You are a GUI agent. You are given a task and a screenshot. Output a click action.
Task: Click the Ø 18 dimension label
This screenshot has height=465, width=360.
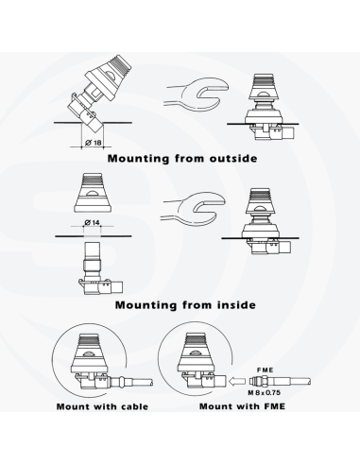click(x=94, y=143)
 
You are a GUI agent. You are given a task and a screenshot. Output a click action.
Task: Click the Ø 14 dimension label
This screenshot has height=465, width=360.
click(x=92, y=222)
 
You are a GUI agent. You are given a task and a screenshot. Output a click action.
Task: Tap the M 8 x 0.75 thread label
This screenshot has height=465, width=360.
click(x=264, y=392)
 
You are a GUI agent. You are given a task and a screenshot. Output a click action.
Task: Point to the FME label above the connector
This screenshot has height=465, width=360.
click(x=266, y=370)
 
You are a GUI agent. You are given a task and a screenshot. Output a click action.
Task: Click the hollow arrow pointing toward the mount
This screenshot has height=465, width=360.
click(x=237, y=382)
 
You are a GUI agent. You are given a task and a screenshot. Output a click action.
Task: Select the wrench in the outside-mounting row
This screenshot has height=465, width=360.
click(x=196, y=95)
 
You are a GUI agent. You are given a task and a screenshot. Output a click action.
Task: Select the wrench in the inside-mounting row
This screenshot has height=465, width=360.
click(x=194, y=209)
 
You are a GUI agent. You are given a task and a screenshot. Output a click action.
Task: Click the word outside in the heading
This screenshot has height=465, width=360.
click(x=233, y=158)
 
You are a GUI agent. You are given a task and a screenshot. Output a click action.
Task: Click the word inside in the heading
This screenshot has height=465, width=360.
click(x=236, y=305)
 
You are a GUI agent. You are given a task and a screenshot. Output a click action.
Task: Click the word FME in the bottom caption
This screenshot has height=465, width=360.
click(x=274, y=406)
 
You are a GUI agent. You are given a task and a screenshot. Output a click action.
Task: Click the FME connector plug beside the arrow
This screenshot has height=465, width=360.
click(x=280, y=381)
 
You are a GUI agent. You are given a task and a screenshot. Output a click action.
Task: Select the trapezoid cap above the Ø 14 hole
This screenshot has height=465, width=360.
click(x=93, y=192)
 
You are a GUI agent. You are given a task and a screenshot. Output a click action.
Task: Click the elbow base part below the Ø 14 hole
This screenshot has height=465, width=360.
click(x=100, y=268)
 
